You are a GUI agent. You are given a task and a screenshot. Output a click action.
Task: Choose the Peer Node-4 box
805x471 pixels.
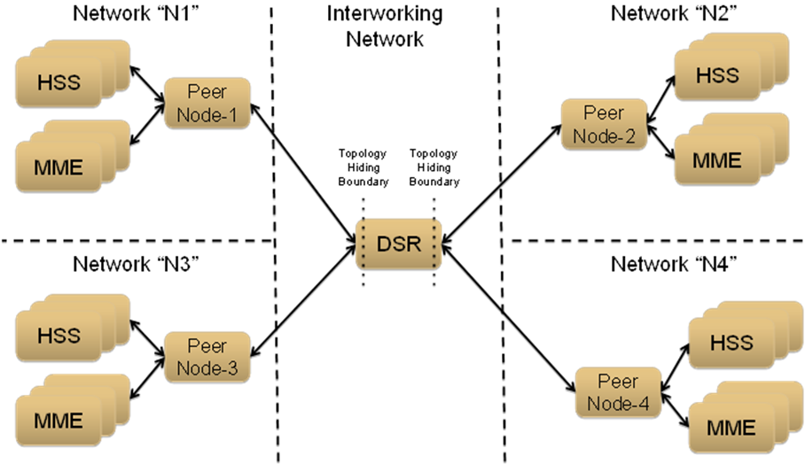coord(617,392)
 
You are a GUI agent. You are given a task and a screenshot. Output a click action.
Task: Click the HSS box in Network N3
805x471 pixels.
coord(59,336)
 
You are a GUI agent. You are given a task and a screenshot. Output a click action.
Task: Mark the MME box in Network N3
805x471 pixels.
coord(59,419)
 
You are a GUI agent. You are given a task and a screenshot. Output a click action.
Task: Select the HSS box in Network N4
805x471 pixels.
coord(731,343)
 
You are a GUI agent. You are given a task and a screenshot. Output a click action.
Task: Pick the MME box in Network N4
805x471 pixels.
coord(731,427)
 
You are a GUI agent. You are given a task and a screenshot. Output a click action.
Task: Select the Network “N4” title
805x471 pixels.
coord(664,264)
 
